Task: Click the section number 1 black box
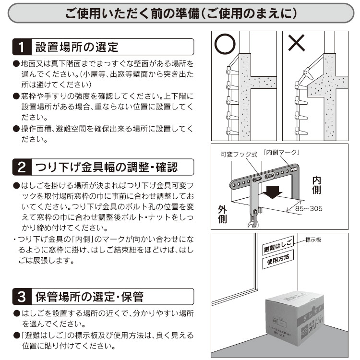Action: click(x=21, y=47)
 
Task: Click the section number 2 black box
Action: click(x=21, y=167)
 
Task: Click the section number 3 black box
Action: click(x=21, y=296)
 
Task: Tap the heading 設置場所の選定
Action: click(x=76, y=47)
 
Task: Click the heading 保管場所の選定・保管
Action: click(x=89, y=296)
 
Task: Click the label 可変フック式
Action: click(x=239, y=155)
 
